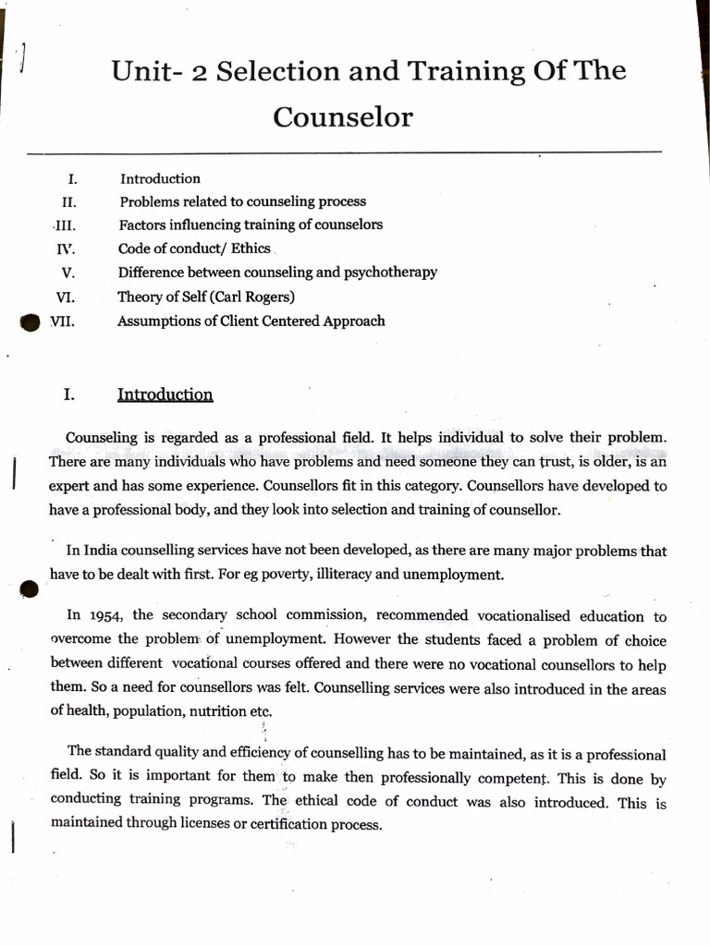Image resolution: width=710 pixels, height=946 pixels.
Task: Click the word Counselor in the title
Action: pyautogui.click(x=343, y=117)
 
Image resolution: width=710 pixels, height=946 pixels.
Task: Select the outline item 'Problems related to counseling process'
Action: pyautogui.click(x=242, y=201)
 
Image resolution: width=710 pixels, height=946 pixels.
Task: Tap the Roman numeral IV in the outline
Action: pyautogui.click(x=66, y=249)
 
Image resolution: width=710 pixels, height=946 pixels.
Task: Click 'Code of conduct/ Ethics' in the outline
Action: pyautogui.click(x=194, y=249)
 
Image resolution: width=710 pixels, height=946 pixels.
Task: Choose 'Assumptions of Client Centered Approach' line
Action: pyautogui.click(x=251, y=321)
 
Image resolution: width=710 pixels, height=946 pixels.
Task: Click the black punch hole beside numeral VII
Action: pyautogui.click(x=31, y=322)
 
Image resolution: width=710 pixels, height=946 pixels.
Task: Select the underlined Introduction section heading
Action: pyautogui.click(x=165, y=395)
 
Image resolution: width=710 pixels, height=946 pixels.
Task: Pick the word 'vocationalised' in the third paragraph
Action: pyautogui.click(x=530, y=616)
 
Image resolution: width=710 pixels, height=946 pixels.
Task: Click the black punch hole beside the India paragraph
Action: pyautogui.click(x=29, y=588)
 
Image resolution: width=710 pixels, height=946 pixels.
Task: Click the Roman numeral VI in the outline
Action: pyautogui.click(x=65, y=297)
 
